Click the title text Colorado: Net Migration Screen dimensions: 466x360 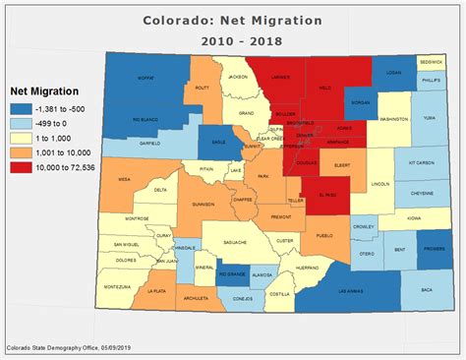[233, 19]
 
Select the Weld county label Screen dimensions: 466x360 [324, 88]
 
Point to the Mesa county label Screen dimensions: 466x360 [125, 180]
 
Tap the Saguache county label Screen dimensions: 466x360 [233, 241]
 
